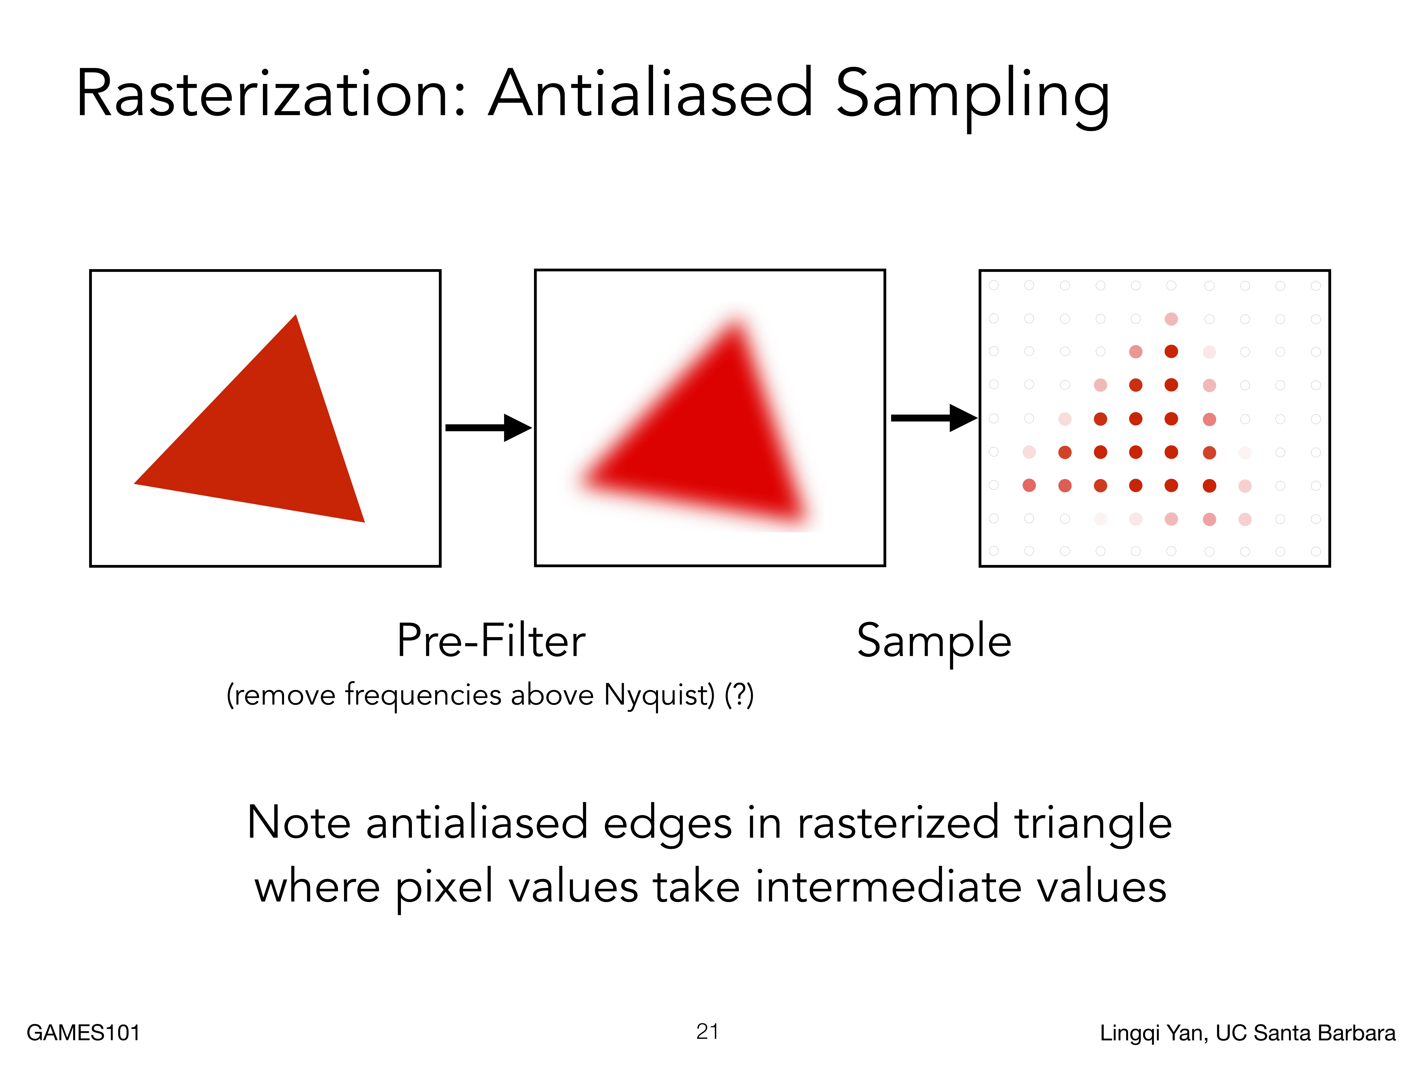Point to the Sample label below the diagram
tap(934, 644)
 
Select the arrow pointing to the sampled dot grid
tap(934, 418)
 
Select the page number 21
tap(708, 1032)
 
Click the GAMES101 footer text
tap(83, 1033)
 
